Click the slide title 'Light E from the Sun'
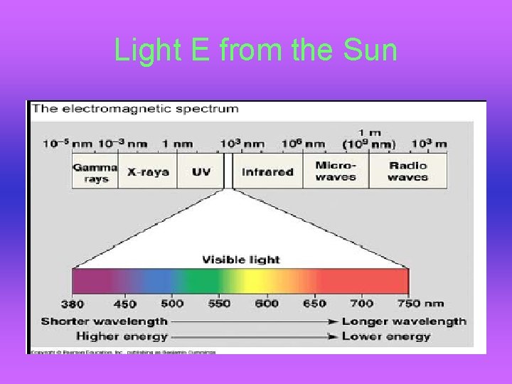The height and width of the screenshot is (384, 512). click(x=255, y=51)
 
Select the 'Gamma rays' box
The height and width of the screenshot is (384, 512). click(x=95, y=173)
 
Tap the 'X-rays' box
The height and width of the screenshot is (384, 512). click(x=148, y=172)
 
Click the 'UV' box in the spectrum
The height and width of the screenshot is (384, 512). click(x=201, y=172)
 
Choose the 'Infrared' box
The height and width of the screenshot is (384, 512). click(x=267, y=172)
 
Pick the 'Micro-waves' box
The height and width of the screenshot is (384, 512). click(x=336, y=171)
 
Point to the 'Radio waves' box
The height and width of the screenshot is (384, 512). click(x=408, y=171)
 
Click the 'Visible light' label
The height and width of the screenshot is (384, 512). click(x=241, y=260)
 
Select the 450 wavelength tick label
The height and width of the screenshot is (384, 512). click(x=124, y=304)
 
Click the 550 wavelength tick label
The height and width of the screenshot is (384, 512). click(x=219, y=304)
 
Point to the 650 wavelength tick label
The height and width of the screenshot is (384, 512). click(x=314, y=304)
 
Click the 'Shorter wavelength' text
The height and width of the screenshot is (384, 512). click(x=105, y=321)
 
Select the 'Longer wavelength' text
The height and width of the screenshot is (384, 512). click(x=404, y=321)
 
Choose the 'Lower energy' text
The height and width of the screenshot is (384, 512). click(x=386, y=336)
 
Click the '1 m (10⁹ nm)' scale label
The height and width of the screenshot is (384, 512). click(x=369, y=139)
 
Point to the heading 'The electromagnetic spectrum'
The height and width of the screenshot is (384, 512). click(x=135, y=109)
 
